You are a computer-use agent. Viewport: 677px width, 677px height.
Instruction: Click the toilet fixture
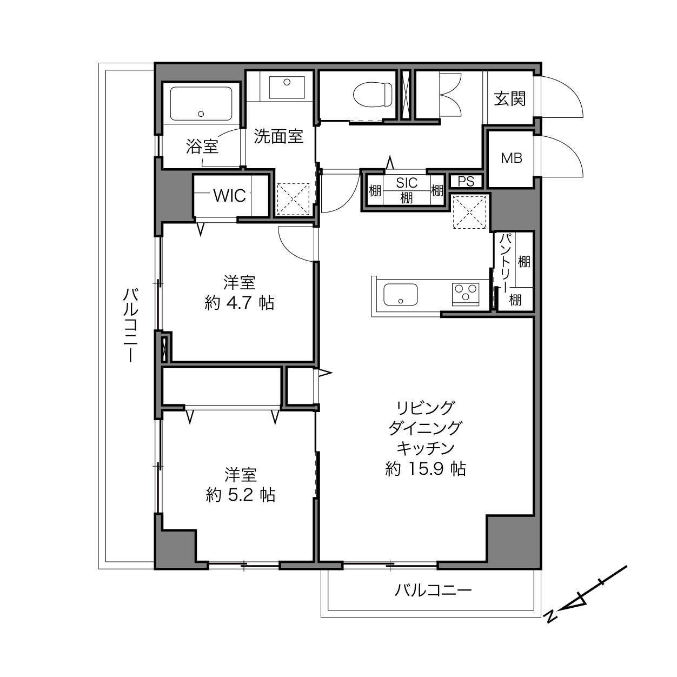(373, 95)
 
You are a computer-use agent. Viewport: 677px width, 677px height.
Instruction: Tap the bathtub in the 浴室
(201, 104)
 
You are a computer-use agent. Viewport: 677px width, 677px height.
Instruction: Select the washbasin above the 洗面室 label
(287, 87)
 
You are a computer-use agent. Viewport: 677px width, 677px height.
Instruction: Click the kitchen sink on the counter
(401, 294)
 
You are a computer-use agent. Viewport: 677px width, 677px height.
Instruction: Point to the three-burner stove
(466, 294)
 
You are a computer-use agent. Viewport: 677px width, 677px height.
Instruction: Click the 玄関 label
(510, 99)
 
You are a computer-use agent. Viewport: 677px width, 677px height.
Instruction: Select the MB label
(512, 158)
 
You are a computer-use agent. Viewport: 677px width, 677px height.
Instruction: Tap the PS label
(466, 181)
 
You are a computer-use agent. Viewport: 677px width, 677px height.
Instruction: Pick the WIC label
(229, 196)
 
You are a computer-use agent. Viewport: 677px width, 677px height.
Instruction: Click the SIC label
(407, 183)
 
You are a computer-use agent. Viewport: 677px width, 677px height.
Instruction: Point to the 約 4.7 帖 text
(239, 303)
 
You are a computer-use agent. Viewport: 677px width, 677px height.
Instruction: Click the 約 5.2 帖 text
(241, 495)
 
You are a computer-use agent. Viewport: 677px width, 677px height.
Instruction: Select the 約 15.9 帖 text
(426, 469)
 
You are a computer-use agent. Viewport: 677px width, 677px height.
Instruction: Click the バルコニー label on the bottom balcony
(433, 590)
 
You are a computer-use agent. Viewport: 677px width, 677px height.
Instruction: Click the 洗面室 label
(278, 136)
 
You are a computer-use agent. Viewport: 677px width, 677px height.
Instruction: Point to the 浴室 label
(202, 147)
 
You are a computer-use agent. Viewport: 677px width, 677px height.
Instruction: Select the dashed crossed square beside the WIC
(294, 199)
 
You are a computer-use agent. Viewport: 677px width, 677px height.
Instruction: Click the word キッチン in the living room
(426, 448)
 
